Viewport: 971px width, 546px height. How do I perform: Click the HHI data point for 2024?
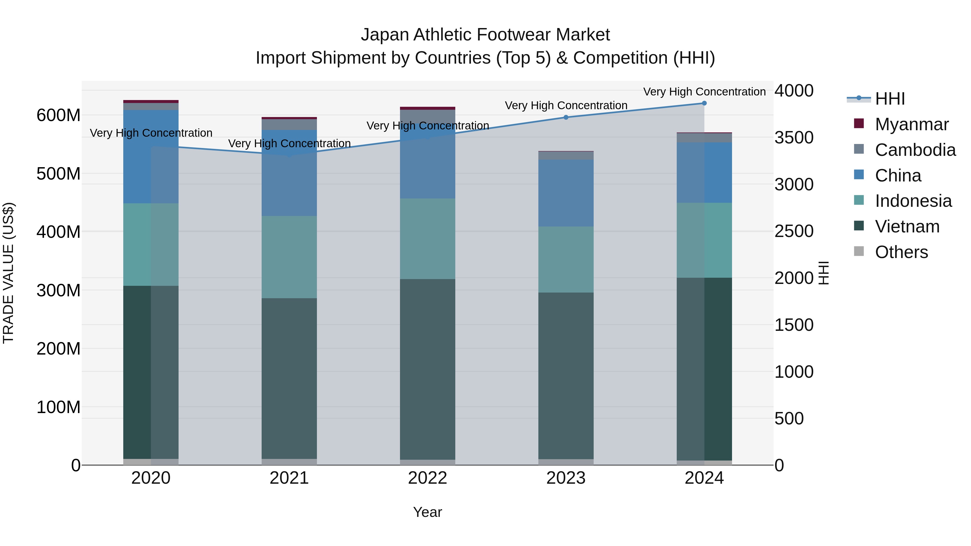pyautogui.click(x=704, y=103)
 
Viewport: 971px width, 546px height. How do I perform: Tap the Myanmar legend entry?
pyautogui.click(x=911, y=124)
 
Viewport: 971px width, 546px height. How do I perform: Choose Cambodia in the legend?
pyautogui.click(x=915, y=150)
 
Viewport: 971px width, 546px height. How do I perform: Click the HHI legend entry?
pyautogui.click(x=890, y=99)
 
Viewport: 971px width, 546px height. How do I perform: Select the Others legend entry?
pyautogui.click(x=901, y=252)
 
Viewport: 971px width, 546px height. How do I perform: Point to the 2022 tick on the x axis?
pyautogui.click(x=428, y=478)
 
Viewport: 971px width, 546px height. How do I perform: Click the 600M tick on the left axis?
pyautogui.click(x=59, y=115)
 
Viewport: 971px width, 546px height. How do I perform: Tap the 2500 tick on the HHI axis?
pyautogui.click(x=794, y=231)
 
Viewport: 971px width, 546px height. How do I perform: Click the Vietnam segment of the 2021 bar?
pyautogui.click(x=289, y=377)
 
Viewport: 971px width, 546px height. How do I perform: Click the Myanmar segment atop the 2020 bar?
pyautogui.click(x=151, y=101)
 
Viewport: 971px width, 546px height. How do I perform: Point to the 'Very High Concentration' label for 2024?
pyautogui.click(x=704, y=92)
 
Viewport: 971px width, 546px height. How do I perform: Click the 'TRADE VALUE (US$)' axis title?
pyautogui.click(x=8, y=273)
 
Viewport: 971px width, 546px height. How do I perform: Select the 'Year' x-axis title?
pyautogui.click(x=428, y=512)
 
